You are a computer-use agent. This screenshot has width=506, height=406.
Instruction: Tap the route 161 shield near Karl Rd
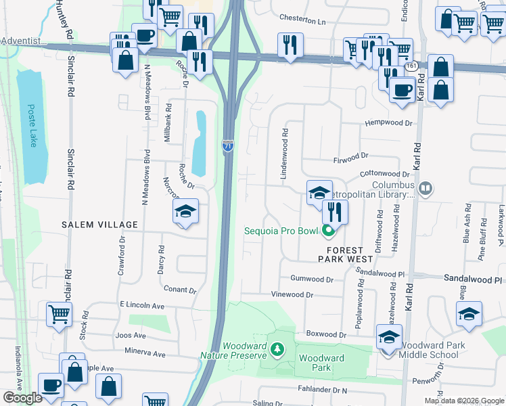point(411,66)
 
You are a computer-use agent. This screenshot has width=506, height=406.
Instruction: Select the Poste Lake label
point(31,125)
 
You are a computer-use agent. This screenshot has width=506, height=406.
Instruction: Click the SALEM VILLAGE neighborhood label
point(99,225)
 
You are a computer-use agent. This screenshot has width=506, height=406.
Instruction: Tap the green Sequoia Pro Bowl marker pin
point(329,232)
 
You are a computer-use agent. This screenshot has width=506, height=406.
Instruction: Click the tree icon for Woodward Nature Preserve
point(276,349)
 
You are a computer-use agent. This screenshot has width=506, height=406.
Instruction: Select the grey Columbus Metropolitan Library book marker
point(425,188)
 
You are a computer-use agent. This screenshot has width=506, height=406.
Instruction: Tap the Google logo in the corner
point(22,398)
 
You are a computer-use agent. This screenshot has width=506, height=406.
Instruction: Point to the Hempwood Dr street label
point(388,123)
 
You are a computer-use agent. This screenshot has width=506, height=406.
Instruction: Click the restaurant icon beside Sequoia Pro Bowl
point(334,212)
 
